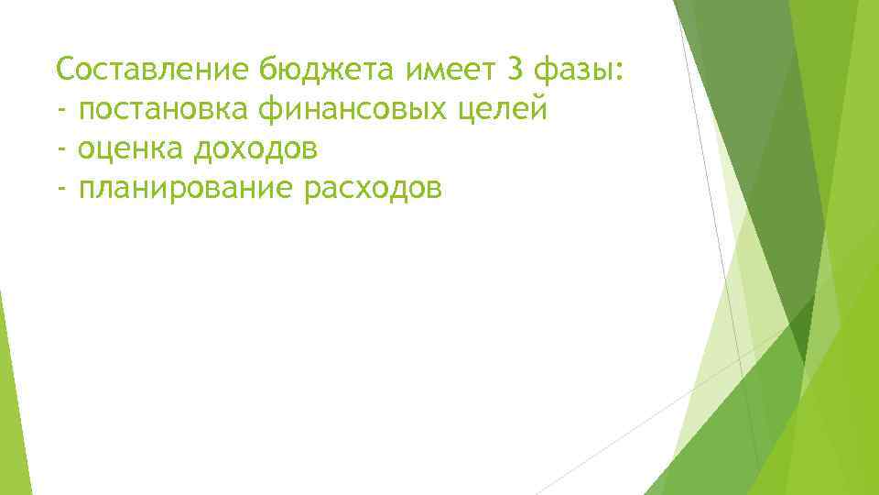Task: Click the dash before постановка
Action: (x=61, y=111)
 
